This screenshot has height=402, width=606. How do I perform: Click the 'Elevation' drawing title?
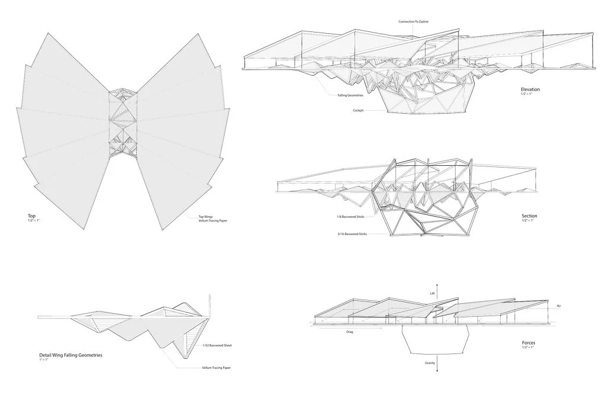point(530,89)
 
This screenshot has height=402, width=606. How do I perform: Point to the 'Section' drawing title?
point(529,216)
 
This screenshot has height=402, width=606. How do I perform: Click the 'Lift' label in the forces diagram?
point(433,292)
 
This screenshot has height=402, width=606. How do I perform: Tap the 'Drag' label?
point(350,332)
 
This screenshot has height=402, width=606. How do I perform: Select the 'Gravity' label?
point(430,362)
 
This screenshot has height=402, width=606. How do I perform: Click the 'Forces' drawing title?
point(528,343)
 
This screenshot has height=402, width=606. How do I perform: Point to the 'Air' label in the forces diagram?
point(559,306)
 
